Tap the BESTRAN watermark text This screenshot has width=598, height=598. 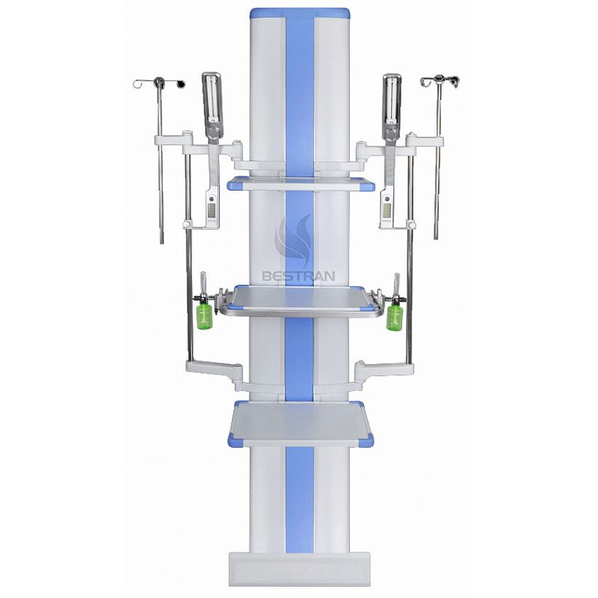pyautogui.click(x=298, y=276)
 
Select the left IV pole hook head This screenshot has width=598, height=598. pyautogui.click(x=160, y=82)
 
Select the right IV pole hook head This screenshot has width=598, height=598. pyautogui.click(x=440, y=81)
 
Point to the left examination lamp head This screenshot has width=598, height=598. pyautogui.click(x=212, y=99)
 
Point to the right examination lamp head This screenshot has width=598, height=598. pyautogui.click(x=392, y=100)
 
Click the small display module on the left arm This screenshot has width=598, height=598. pyautogui.click(x=212, y=209)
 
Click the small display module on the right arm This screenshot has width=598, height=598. pyautogui.click(x=387, y=209)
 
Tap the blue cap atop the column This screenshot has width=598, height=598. pyautogui.click(x=300, y=13)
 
